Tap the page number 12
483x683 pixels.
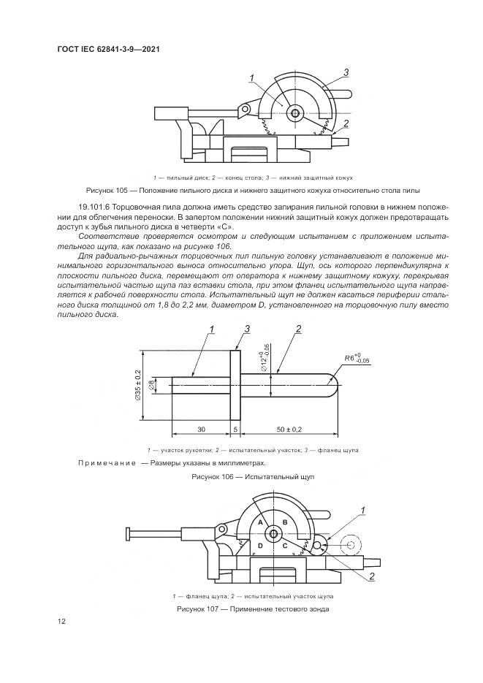62,621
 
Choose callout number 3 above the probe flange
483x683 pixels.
248,330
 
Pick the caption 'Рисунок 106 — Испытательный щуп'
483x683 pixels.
241,476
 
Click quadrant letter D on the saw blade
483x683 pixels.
259,546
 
